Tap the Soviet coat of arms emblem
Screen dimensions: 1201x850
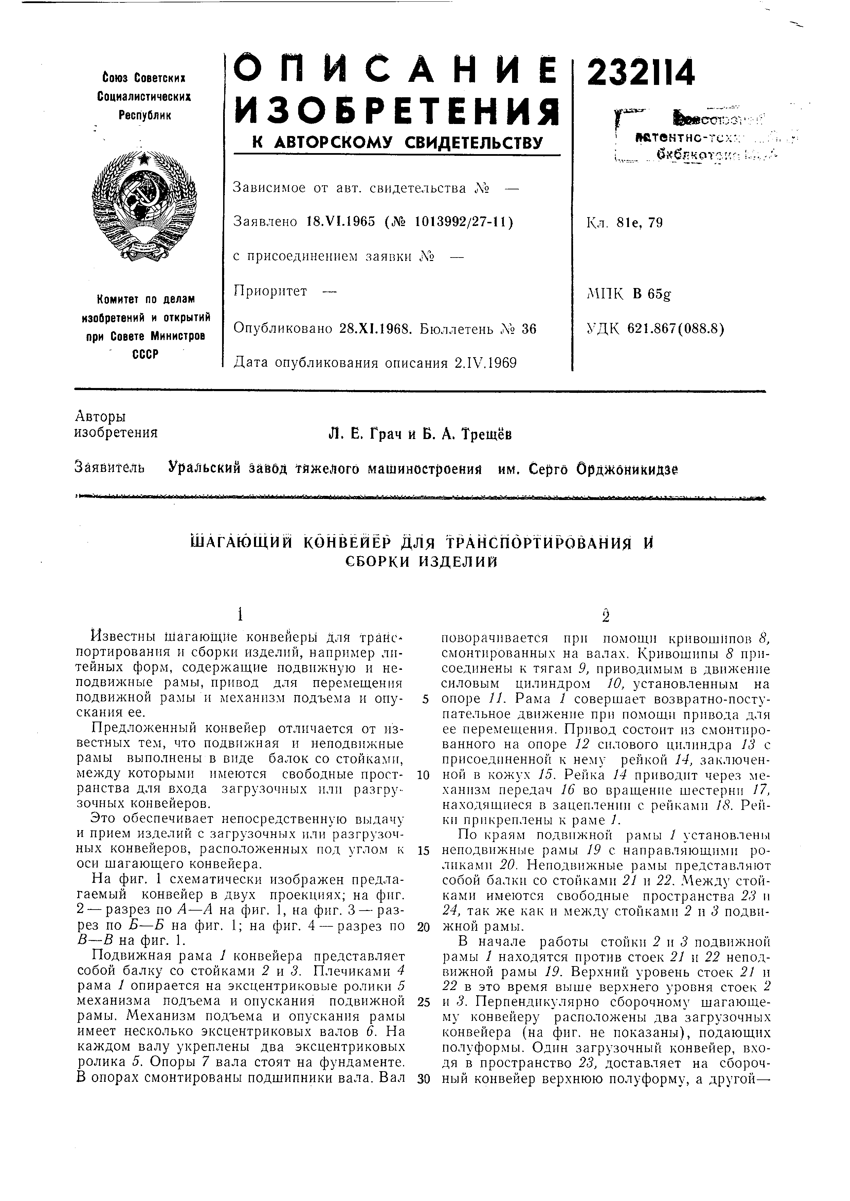click(x=144, y=206)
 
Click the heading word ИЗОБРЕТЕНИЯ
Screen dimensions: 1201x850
click(x=396, y=111)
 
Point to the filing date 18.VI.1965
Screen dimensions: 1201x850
click(x=341, y=222)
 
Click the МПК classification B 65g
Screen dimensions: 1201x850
click(x=651, y=294)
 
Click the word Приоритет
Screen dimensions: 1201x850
click(x=270, y=291)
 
